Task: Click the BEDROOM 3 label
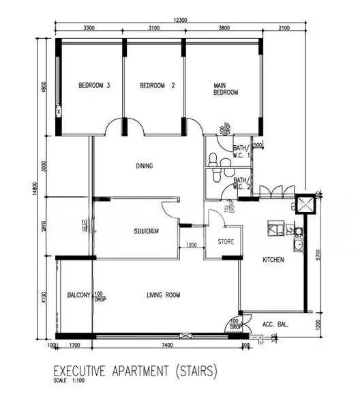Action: [94, 86]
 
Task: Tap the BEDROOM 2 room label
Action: [157, 86]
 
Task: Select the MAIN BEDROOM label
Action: [226, 89]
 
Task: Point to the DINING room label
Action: [144, 166]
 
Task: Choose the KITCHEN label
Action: [273, 260]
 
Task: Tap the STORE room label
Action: [226, 242]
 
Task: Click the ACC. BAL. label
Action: [275, 325]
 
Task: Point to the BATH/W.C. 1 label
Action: [241, 151]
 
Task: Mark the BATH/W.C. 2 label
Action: [241, 184]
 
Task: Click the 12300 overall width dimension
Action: [180, 20]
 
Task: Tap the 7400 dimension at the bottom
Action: [163, 346]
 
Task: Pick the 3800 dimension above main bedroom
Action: [222, 29]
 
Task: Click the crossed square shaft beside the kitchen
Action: [305, 205]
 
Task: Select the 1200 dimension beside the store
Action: [192, 245]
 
